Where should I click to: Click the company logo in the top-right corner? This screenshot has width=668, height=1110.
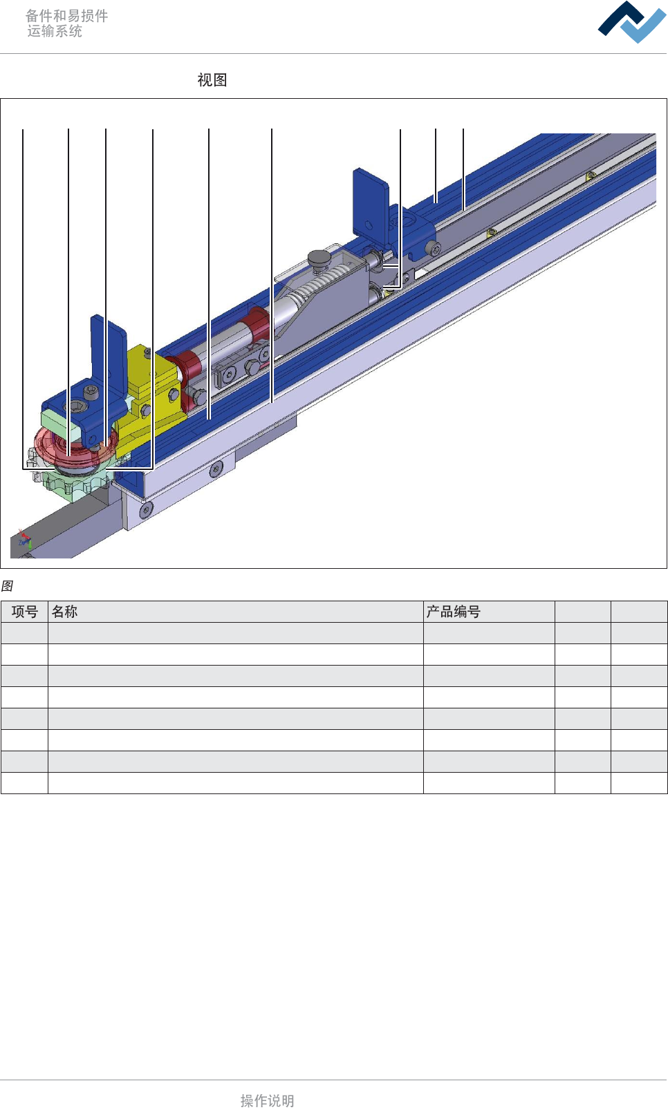632,22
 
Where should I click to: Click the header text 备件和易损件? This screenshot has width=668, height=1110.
66,16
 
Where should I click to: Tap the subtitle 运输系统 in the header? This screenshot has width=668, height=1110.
55,31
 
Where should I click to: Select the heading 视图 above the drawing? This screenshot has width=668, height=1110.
212,79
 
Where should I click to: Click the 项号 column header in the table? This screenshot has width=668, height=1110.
25,612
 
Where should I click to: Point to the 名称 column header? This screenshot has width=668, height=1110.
64,612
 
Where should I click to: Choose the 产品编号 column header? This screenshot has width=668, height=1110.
453,612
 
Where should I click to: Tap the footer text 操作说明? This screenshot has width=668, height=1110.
268,1100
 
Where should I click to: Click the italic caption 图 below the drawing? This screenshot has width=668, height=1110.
7,585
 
